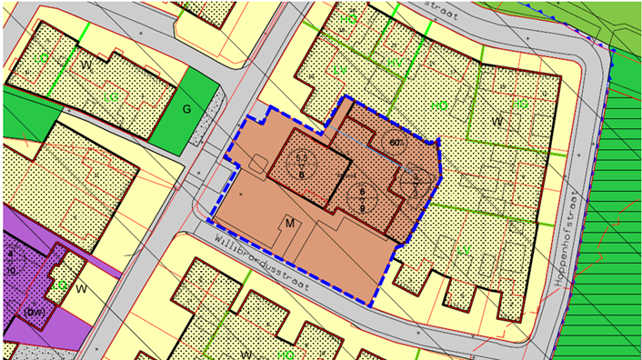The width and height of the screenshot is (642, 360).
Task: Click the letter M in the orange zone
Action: coord(290,224)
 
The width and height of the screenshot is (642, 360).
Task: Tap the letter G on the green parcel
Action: coord(186,109)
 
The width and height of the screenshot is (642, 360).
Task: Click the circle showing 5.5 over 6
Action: coord(302,165)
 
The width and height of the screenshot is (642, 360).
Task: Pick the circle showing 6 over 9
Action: coord(361,199)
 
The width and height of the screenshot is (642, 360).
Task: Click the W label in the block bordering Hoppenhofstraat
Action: coord(497,122)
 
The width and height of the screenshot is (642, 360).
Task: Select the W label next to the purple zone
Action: coord(82,290)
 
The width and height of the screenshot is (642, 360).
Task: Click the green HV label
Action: coord(395,64)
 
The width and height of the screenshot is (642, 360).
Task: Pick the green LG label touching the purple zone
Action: coord(58,285)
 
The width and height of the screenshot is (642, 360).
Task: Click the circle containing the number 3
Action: coord(414,180)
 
